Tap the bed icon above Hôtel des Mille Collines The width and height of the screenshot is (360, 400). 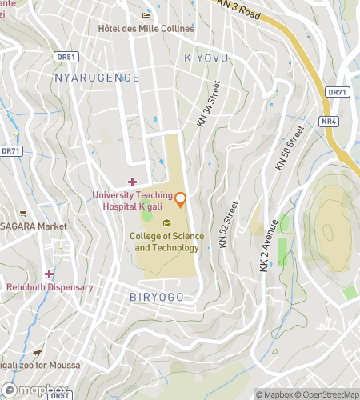(x=146, y=15)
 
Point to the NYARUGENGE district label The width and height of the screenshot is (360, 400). (x=97, y=78)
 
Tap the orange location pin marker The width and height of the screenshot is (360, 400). (x=181, y=198)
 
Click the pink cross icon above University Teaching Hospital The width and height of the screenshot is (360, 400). (x=132, y=182)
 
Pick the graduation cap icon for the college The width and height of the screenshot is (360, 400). (x=166, y=223)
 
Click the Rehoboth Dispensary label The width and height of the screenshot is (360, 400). (x=50, y=287)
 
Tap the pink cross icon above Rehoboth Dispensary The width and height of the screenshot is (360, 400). (x=49, y=274)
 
